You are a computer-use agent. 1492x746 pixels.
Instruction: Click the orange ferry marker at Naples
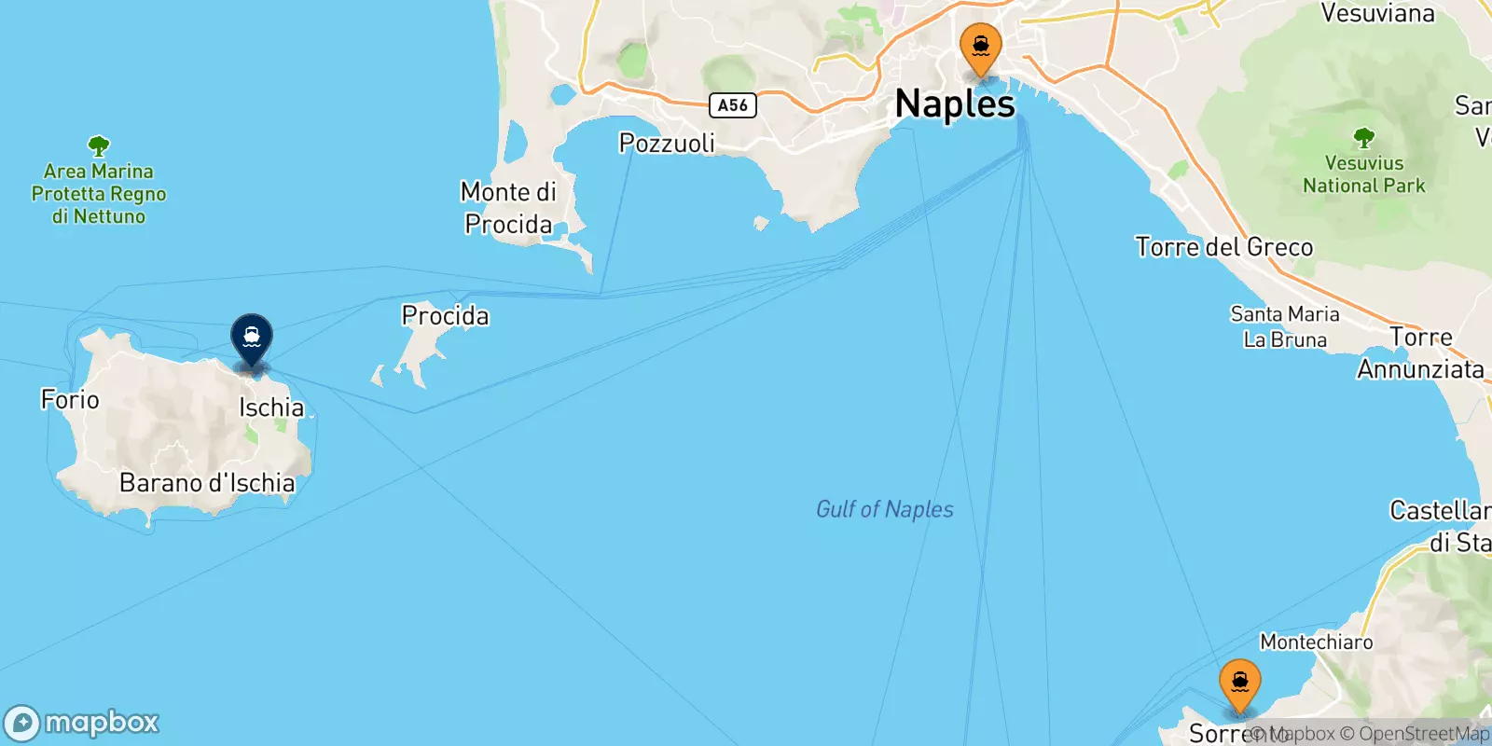click(x=980, y=48)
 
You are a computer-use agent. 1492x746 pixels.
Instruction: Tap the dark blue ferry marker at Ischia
click(x=252, y=338)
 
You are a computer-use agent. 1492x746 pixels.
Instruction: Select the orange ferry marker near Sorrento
click(x=1239, y=684)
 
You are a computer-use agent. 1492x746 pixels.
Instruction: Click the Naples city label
click(x=954, y=104)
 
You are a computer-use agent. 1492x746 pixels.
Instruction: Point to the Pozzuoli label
click(x=667, y=143)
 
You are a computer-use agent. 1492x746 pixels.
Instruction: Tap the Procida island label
click(x=445, y=315)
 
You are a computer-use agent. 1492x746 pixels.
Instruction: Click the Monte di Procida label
click(x=509, y=208)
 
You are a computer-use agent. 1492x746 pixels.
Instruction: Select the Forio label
click(x=70, y=400)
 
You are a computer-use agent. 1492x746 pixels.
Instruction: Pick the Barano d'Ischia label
click(x=207, y=483)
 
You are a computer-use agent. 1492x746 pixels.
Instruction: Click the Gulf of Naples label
click(x=884, y=509)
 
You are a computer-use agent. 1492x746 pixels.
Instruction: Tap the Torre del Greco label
click(x=1223, y=247)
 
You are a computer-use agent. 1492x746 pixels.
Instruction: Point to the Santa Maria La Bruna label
click(x=1284, y=326)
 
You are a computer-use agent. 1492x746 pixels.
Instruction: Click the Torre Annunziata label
click(x=1420, y=353)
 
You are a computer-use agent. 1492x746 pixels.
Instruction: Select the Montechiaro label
click(x=1316, y=642)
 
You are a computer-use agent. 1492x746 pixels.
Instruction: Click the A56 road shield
click(x=732, y=105)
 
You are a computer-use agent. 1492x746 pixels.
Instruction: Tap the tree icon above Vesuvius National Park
click(x=1363, y=138)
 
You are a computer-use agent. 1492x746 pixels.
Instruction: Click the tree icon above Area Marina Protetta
click(x=98, y=146)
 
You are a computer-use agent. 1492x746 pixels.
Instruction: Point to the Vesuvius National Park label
click(x=1363, y=174)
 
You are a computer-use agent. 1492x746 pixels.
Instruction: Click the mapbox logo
click(x=82, y=723)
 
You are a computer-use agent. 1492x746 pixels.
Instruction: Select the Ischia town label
click(x=271, y=408)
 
